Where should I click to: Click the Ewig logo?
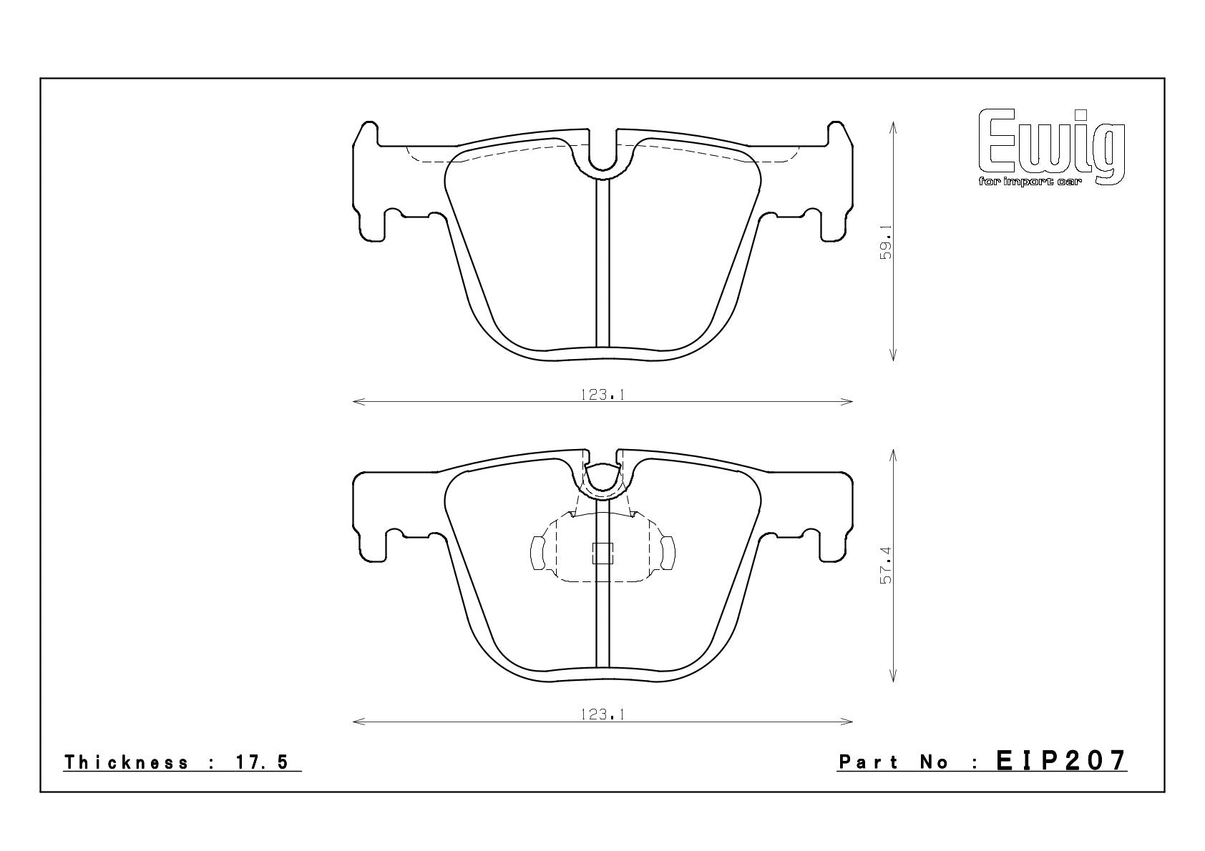coord(1052,147)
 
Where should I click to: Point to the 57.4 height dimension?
coord(885,566)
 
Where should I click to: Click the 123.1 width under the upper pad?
coord(602,395)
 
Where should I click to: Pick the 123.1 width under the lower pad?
coord(602,714)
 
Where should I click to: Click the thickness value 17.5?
coord(262,762)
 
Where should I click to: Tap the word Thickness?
coord(127,762)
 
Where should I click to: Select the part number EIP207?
coord(1061,761)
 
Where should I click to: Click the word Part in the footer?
coord(868,762)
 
